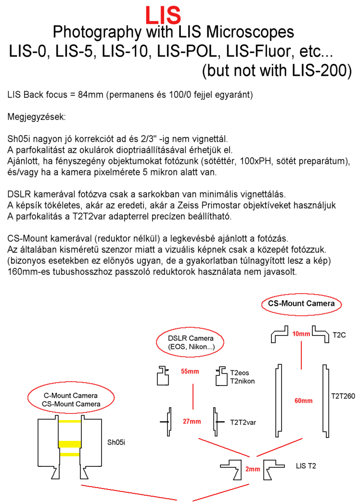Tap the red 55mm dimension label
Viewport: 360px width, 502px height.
[x=191, y=372]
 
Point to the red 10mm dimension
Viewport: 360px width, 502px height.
[x=301, y=334]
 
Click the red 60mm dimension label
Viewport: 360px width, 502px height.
[x=303, y=400]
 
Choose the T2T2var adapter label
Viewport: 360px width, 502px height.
[x=243, y=422]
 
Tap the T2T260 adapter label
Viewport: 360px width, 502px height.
[x=343, y=397]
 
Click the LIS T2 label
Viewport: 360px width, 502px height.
[x=306, y=466]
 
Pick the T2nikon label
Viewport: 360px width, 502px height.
[x=242, y=381]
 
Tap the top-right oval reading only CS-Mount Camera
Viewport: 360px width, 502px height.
[x=301, y=304]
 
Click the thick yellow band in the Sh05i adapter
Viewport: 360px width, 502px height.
[x=69, y=443]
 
